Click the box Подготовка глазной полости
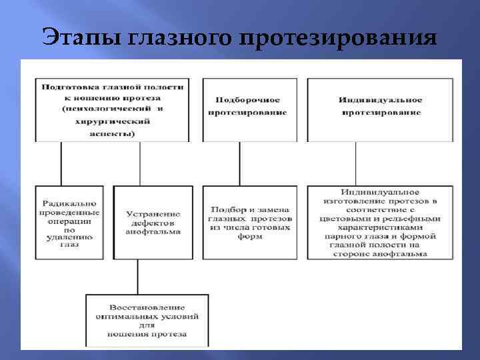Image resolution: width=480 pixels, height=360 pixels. pos(111,110)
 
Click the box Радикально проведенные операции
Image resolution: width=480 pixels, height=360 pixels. pos(69,222)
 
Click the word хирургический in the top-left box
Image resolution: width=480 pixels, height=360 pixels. pos(112,122)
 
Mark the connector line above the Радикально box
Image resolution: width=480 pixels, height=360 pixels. pos(61,163)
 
